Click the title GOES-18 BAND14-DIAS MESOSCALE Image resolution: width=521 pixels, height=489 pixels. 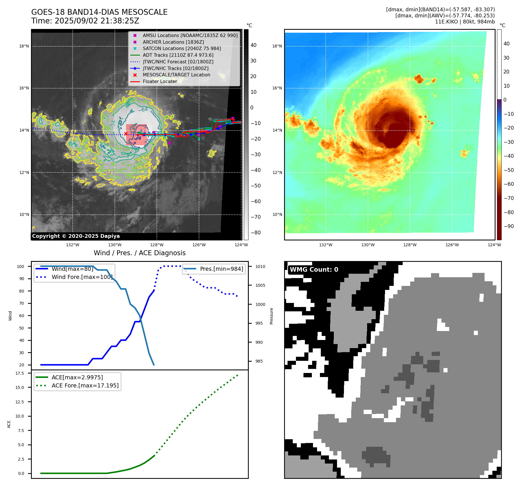[x=99, y=12]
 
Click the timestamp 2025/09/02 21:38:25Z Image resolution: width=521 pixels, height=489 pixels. [x=97, y=21]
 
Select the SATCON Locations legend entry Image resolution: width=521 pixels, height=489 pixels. [x=182, y=49]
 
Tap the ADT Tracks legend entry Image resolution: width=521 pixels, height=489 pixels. [x=178, y=55]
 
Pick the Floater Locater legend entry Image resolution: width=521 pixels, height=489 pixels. [x=160, y=82]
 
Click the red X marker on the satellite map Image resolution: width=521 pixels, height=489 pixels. [x=126, y=134]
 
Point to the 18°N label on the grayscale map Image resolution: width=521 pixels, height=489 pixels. [x=24, y=46]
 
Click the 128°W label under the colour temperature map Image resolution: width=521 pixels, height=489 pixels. [x=410, y=245]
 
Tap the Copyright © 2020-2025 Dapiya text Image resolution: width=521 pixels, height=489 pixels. [x=76, y=236]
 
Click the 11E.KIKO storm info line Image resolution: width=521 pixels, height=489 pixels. [x=465, y=22]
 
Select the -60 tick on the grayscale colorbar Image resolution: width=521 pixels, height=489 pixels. [x=255, y=201]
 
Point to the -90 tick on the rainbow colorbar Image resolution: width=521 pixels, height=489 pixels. [x=509, y=226]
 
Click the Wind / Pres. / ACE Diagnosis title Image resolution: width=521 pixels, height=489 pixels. [x=139, y=253]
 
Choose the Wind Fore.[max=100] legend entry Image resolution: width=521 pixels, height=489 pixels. [x=82, y=277]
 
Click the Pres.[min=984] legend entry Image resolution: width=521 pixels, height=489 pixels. [x=221, y=269]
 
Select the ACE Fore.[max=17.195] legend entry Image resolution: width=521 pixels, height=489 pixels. [x=85, y=386]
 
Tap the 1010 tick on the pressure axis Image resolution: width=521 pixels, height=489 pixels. [x=260, y=266]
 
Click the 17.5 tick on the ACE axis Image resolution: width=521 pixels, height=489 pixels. [x=20, y=373]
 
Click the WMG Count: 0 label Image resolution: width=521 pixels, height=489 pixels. [x=314, y=270]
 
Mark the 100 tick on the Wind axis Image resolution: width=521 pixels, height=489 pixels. [x=21, y=266]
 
